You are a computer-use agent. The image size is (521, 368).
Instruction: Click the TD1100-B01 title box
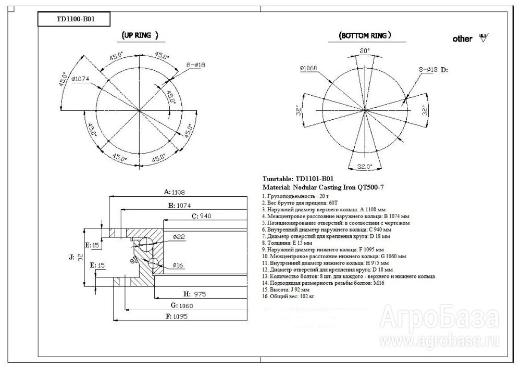(x=68, y=20)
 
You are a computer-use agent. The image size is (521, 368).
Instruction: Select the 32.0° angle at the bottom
(x=364, y=167)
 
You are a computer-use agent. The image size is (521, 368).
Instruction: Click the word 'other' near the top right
(x=463, y=39)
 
